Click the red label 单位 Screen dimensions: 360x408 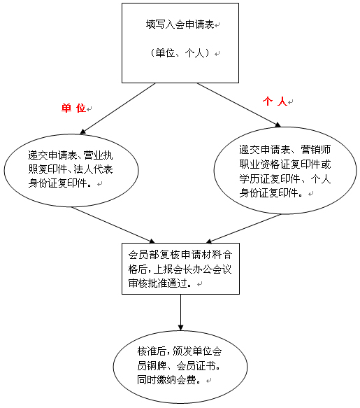(x=73, y=108)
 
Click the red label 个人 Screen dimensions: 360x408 (x=275, y=101)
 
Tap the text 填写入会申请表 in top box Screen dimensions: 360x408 (x=180, y=24)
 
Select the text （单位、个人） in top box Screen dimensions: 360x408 (x=180, y=52)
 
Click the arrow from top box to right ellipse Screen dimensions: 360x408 (x=239, y=105)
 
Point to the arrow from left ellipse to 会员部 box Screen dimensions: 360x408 (x=113, y=225)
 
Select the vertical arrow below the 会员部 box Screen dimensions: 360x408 (x=180, y=313)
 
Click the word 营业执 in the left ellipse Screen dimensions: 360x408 (x=98, y=155)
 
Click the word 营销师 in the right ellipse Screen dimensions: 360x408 (x=316, y=150)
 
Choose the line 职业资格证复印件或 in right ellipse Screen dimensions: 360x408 (x=285, y=164)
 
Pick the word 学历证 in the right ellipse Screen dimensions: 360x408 (x=254, y=178)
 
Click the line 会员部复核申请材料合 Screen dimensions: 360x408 (x=180, y=255)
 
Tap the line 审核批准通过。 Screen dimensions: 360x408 (x=160, y=283)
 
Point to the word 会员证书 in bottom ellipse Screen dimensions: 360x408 (x=196, y=366)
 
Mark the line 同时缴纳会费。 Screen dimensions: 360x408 (x=169, y=380)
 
